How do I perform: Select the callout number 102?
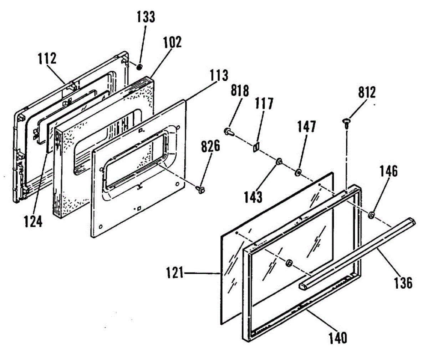pyautogui.click(x=172, y=42)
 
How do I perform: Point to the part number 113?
pyautogui.click(x=219, y=76)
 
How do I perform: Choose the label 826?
pyautogui.click(x=210, y=146)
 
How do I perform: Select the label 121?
pyautogui.click(x=175, y=274)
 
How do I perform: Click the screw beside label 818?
pyautogui.click(x=229, y=132)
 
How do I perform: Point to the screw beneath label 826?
pyautogui.click(x=200, y=189)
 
